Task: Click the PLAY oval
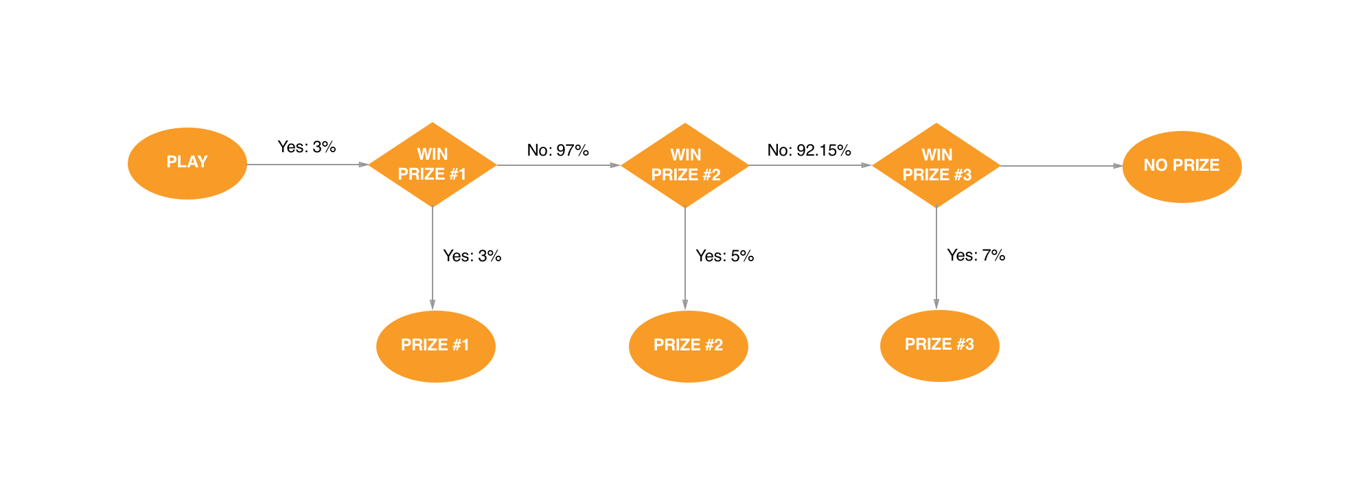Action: pos(187,163)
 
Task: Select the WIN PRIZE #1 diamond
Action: pos(433,165)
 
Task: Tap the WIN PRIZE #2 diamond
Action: pos(684,165)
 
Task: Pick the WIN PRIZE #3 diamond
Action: pos(936,165)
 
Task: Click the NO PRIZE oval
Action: pos(1182,167)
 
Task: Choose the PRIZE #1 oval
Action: pos(435,346)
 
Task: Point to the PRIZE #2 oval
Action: pos(688,346)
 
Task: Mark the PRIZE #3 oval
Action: pos(939,346)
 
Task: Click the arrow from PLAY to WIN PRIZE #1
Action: pos(308,165)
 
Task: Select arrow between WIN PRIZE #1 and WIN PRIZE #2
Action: pos(557,165)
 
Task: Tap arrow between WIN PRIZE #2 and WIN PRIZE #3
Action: pos(810,165)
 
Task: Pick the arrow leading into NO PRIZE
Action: pos(1061,166)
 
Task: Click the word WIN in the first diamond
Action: pos(433,154)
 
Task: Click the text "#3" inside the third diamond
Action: pos(962,175)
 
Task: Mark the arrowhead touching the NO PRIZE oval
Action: pos(1118,166)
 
